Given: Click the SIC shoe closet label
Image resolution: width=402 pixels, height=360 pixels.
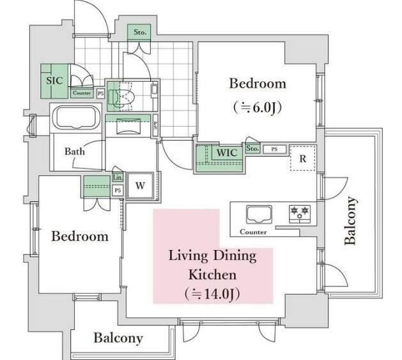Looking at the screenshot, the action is [x=54, y=81].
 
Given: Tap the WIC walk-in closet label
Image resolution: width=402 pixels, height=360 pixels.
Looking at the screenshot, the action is [x=227, y=153].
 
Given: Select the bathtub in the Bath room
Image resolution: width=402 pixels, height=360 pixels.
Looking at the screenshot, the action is [x=77, y=118].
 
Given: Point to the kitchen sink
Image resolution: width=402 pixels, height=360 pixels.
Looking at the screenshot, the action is [x=259, y=214].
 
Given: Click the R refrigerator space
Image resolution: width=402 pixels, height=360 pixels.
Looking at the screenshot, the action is [x=303, y=159].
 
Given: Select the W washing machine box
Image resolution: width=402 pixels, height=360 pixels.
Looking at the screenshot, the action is [x=141, y=185].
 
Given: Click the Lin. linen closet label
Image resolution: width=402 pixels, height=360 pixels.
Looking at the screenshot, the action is [x=118, y=177].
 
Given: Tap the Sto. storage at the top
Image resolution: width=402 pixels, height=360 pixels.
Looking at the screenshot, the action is [x=140, y=33].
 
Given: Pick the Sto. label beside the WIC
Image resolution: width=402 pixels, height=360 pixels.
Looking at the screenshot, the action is [x=252, y=148].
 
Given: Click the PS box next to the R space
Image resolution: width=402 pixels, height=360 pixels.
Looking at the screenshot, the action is [x=274, y=149].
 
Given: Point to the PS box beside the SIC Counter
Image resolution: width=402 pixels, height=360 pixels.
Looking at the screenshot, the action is [x=101, y=93].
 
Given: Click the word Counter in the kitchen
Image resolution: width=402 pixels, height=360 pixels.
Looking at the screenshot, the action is [x=253, y=232].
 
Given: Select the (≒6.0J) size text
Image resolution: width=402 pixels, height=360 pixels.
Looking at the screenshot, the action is [x=258, y=108].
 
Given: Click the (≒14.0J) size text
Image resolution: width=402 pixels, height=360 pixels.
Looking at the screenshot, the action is [x=212, y=294].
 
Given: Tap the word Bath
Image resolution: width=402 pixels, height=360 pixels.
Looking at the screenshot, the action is [x=75, y=151].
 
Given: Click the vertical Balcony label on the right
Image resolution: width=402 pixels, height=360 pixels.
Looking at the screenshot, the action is [x=350, y=220].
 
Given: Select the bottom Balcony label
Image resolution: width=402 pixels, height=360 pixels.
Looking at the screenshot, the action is [x=118, y=338].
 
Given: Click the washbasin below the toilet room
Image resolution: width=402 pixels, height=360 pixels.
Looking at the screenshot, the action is [x=128, y=125].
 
